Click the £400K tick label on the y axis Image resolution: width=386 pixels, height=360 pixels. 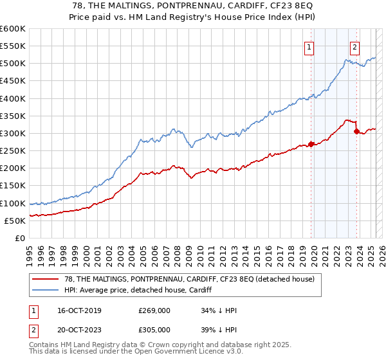tap(13, 98)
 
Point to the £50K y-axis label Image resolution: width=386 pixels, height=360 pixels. tap(15, 221)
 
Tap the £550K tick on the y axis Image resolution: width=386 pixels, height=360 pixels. tap(13, 46)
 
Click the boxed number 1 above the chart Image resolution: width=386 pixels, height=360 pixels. tap(309, 46)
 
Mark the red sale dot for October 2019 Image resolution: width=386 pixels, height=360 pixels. tap(311, 144)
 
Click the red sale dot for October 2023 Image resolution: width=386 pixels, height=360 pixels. tap(356, 131)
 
